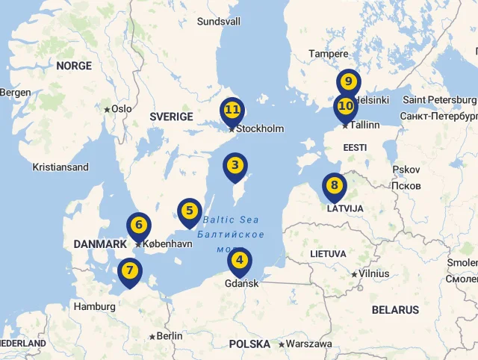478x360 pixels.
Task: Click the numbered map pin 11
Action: tap(232, 111)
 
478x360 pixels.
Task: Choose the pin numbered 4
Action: tap(239, 261)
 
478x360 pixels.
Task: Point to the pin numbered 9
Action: tap(349, 82)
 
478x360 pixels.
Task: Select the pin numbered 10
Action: tap(346, 106)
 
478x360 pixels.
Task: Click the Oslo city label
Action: tap(121, 109)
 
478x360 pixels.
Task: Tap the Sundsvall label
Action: tap(219, 22)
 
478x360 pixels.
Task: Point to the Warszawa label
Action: tap(309, 344)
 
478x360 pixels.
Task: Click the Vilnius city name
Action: tap(373, 273)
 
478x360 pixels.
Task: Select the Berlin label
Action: tap(170, 336)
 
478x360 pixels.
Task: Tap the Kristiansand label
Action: tap(60, 167)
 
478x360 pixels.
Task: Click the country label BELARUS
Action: tap(395, 310)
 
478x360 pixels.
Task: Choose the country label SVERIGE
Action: tap(171, 117)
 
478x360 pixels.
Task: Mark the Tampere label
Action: tap(329, 54)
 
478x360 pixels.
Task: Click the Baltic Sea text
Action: tap(231, 220)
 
